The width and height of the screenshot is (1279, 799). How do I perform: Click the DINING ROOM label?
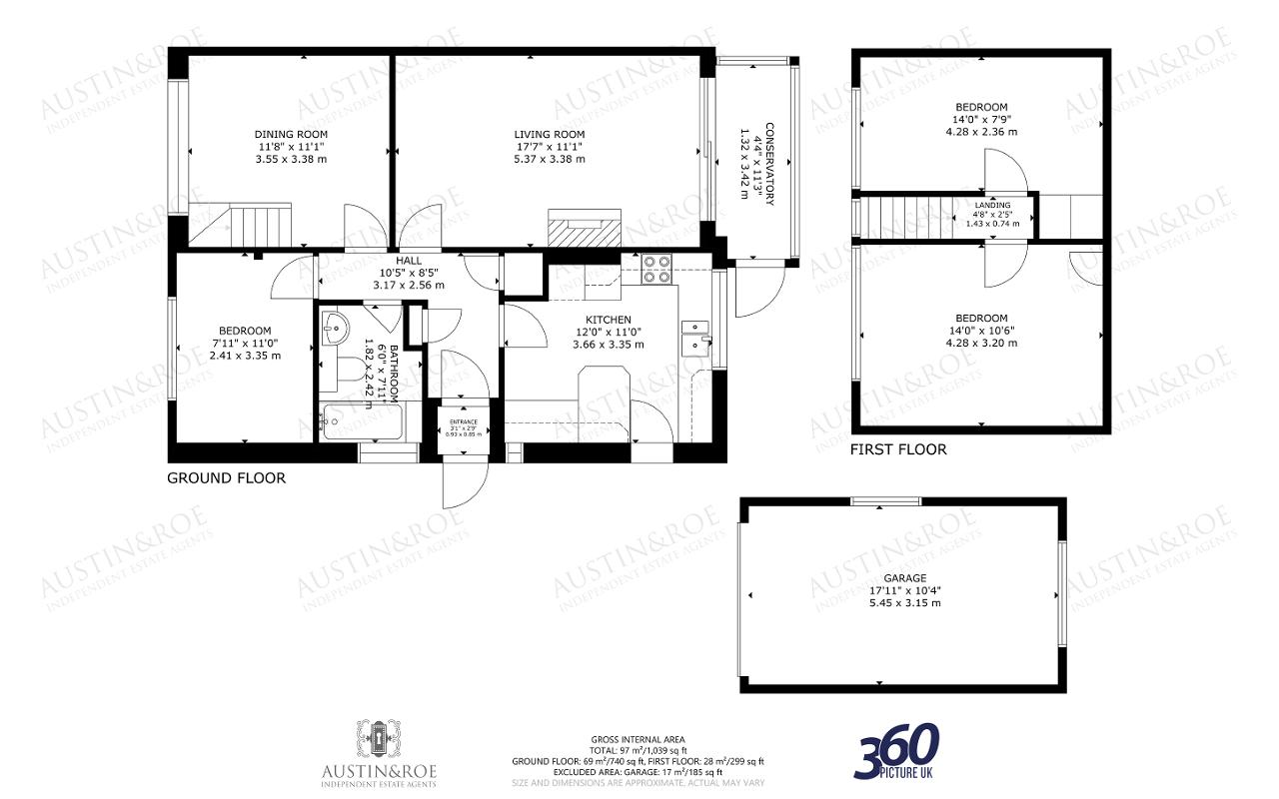coord(291,134)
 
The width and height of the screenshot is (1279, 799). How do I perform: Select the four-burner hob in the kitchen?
coord(656,268)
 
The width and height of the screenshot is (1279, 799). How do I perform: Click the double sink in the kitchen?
coord(694,337)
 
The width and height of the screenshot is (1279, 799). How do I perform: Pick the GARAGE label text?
coord(904,578)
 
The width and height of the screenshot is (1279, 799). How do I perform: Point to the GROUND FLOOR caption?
coord(226,478)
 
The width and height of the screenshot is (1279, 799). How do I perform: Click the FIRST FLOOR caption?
coord(897,449)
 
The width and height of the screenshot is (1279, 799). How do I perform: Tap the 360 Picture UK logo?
coord(896,751)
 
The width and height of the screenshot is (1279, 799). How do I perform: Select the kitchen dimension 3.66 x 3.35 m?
coord(608,345)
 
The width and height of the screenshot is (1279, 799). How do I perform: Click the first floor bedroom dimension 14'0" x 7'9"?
coord(980,119)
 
